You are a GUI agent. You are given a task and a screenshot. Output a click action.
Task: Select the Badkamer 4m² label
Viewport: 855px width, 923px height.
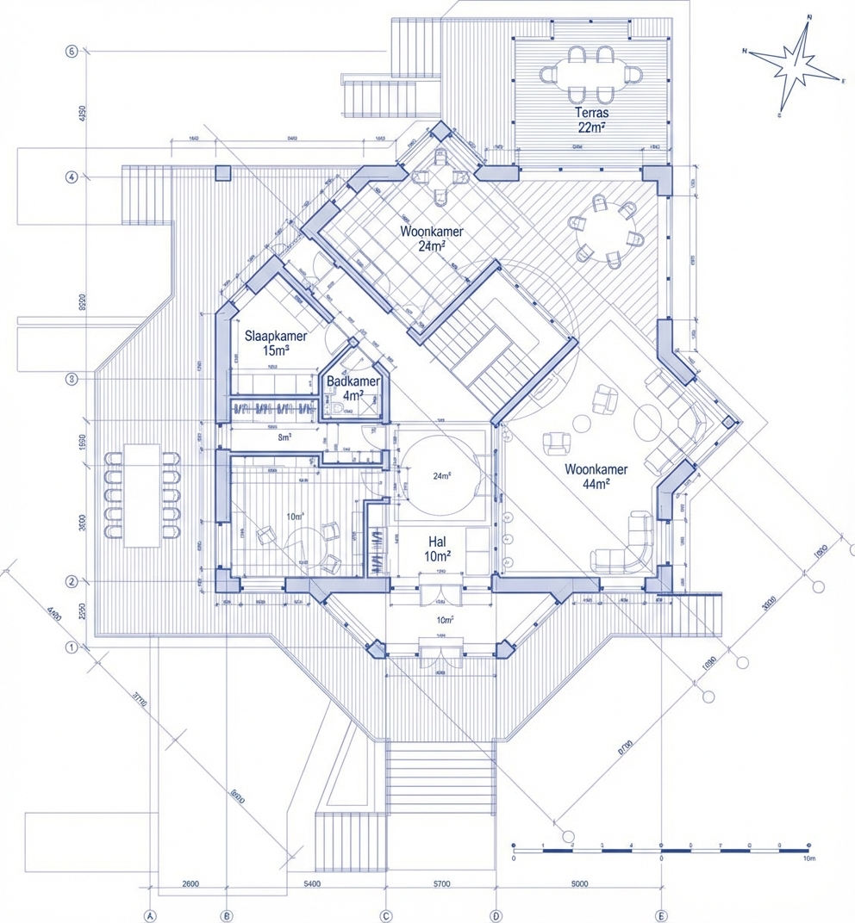click(353, 388)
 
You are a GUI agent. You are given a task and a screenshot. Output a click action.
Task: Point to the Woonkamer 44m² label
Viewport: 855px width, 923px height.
click(596, 476)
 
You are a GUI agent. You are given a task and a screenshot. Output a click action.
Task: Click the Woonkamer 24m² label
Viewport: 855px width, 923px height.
click(432, 238)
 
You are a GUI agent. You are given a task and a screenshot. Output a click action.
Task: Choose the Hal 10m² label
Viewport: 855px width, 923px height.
click(437, 549)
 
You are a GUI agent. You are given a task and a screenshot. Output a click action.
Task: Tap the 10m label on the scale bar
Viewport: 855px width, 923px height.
click(808, 858)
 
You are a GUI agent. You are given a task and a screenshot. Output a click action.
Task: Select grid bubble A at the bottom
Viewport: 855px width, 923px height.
click(150, 915)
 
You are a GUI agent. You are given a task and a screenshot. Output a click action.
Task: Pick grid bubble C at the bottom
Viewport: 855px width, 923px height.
click(386, 915)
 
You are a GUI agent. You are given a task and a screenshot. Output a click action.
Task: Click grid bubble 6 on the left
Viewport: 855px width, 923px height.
click(72, 52)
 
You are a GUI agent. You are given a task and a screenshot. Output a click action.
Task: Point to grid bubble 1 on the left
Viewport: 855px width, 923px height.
click(72, 647)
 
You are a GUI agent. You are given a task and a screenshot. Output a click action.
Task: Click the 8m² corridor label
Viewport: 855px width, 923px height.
click(285, 437)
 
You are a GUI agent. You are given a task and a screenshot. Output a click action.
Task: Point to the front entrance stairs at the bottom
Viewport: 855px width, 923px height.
click(440, 779)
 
